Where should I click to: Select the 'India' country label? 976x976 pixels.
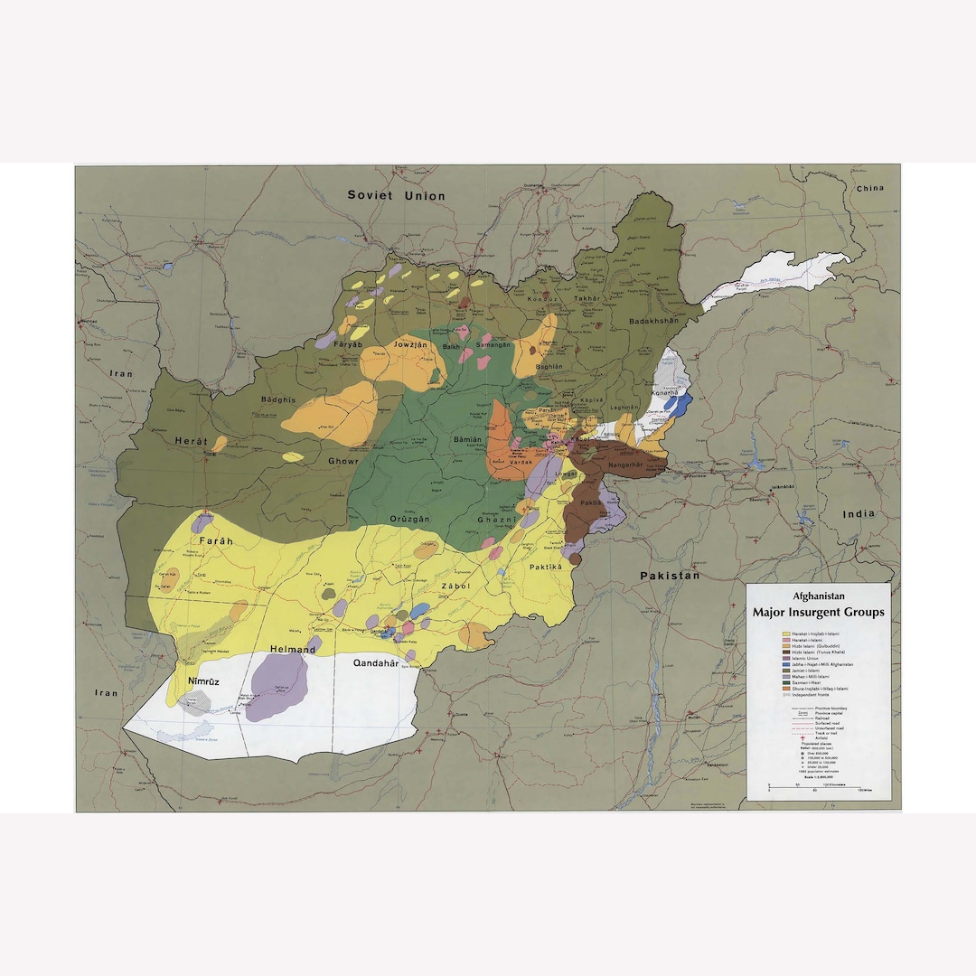[x=859, y=513]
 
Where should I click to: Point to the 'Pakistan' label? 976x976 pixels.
[x=670, y=575]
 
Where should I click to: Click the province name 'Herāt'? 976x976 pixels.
[x=191, y=442]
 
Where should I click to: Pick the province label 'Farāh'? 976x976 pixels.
[x=216, y=540]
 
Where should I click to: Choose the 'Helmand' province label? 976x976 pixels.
[x=293, y=649]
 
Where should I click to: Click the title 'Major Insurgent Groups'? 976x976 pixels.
[x=818, y=612]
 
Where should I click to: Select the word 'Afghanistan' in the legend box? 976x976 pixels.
[x=819, y=596]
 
